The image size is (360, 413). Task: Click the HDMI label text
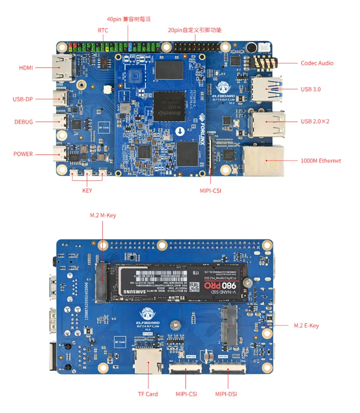pos(26,67)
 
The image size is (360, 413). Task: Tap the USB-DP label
pos(23,99)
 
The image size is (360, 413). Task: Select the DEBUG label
pos(24,122)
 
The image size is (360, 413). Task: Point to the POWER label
pos(23,154)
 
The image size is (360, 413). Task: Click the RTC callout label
pos(103,30)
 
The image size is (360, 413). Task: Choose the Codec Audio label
pos(317,63)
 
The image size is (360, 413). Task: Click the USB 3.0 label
pos(310,89)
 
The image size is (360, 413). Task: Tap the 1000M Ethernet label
pos(321,161)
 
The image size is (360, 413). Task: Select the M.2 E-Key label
pos(306,325)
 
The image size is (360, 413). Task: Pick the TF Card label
pos(148,394)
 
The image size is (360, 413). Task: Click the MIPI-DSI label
pos(226,394)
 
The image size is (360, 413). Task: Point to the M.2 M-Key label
pos(103,215)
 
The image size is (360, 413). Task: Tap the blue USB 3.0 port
pos(267,90)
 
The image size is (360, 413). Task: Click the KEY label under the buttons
pos(87,191)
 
